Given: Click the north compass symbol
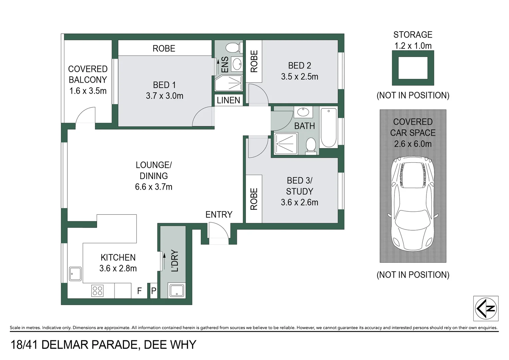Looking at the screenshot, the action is [x=486, y=308].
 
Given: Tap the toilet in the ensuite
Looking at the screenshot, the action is [x=232, y=48].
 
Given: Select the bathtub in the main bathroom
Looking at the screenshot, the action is [x=328, y=128].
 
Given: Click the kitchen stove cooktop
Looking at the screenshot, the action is [x=97, y=290].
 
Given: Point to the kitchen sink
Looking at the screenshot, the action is [x=75, y=274].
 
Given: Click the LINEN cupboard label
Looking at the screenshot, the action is [x=229, y=100].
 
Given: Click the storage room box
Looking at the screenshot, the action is [x=413, y=68].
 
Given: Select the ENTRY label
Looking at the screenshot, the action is [x=219, y=214].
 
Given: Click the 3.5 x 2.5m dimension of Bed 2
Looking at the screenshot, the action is [x=299, y=77].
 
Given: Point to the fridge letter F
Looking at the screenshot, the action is [x=139, y=291].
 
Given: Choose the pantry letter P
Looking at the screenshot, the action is [x=154, y=291].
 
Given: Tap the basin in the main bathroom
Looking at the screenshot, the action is [x=303, y=112].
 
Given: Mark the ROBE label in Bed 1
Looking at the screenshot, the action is [x=164, y=48].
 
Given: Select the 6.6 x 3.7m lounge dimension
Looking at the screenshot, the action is [x=154, y=187].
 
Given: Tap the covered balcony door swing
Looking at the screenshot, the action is [x=85, y=116].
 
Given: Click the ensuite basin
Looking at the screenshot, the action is [x=237, y=64].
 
